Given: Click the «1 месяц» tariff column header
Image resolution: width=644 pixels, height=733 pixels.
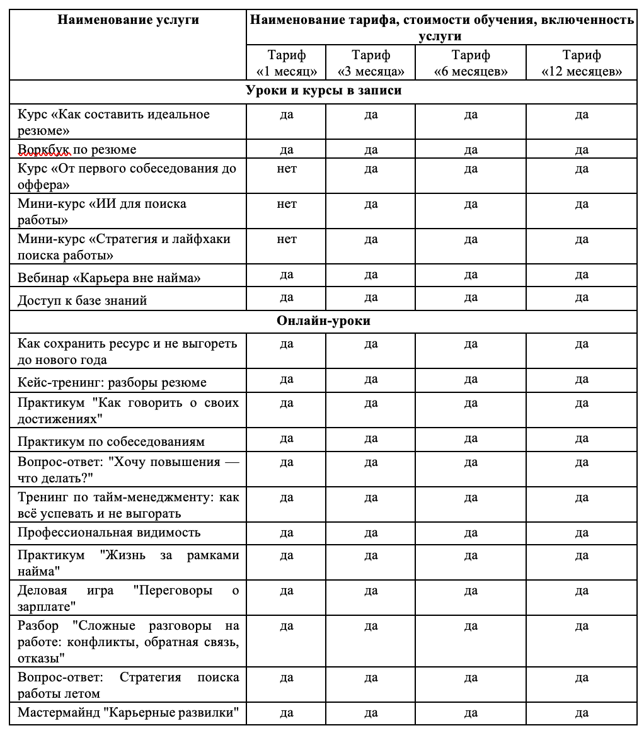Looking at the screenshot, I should [x=287, y=63].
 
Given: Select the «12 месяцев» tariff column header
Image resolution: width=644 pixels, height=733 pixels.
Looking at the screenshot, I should [x=582, y=63].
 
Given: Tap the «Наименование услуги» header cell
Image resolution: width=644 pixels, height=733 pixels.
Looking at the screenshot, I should [x=128, y=20].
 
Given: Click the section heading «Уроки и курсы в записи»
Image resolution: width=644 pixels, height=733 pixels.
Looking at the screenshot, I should [x=323, y=91].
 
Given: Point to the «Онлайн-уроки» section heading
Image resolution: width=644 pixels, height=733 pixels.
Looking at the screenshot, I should [x=323, y=321].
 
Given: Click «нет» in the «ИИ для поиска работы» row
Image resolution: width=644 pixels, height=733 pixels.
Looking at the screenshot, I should [x=287, y=204].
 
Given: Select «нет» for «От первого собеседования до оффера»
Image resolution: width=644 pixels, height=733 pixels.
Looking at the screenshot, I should [x=287, y=169].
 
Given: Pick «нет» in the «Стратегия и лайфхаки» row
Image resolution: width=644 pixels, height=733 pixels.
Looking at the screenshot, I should [x=287, y=239].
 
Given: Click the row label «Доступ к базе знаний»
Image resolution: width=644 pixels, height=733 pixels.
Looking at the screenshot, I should [x=83, y=300].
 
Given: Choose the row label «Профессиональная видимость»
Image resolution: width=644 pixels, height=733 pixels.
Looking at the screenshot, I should [x=109, y=532].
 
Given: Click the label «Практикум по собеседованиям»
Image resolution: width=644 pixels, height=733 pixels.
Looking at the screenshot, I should [x=111, y=441].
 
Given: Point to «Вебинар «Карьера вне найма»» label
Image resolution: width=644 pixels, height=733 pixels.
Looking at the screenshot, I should [x=109, y=278].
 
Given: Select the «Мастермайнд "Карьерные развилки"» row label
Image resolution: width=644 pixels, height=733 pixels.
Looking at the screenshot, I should [x=129, y=713].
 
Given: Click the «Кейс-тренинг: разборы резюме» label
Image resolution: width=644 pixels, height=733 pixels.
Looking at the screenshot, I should [x=112, y=382].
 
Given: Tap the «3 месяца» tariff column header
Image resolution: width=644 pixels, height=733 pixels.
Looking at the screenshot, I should [x=371, y=63].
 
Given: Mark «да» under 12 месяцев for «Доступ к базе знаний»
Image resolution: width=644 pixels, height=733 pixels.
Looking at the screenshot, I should [x=582, y=297].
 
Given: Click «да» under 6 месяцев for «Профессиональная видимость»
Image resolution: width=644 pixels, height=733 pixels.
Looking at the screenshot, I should [x=471, y=533].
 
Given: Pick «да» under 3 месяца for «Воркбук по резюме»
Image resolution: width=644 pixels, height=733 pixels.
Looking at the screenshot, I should [x=371, y=150].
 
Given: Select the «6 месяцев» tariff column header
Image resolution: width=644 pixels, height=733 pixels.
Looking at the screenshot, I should [x=471, y=63].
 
